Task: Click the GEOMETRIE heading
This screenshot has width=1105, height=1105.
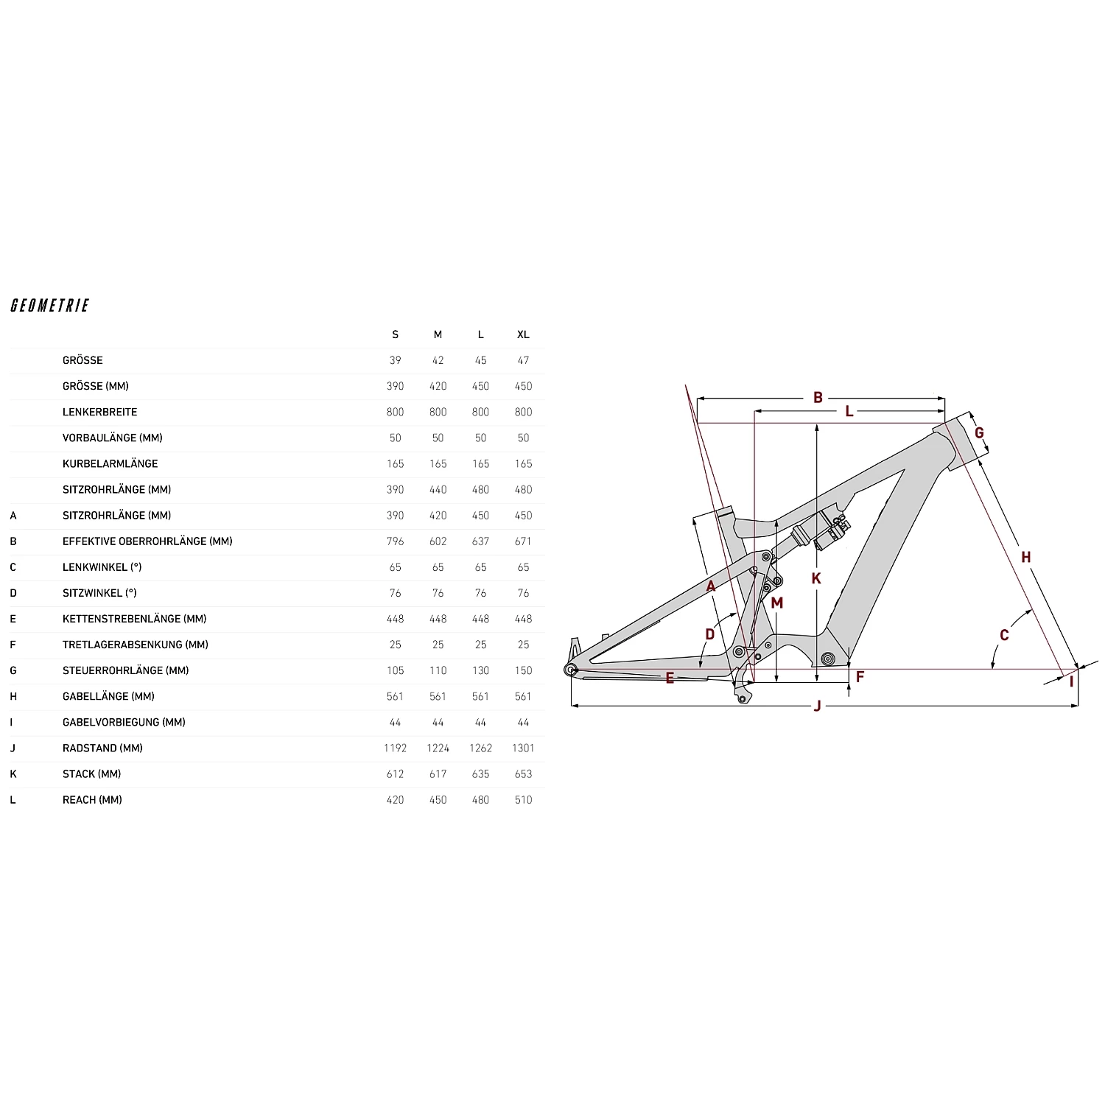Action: (50, 306)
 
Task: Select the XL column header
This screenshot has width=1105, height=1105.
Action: (523, 334)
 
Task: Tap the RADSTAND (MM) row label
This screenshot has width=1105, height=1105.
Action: (102, 748)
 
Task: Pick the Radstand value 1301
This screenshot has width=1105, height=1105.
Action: (523, 748)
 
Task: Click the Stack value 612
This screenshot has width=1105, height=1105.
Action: (395, 773)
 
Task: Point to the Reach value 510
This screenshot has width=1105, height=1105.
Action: (523, 799)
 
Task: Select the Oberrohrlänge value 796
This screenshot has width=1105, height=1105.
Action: (395, 541)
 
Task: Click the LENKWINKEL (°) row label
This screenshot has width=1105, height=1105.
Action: (102, 567)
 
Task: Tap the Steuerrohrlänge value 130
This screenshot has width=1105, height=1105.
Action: (480, 670)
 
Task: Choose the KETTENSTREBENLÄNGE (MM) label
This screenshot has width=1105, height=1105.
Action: (134, 619)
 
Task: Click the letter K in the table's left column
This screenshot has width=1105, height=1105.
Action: (13, 773)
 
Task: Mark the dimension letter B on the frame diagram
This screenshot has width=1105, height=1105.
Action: (818, 398)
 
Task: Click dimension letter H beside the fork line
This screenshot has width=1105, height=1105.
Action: (1025, 558)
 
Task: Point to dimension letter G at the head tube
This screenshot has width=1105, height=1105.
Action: (979, 433)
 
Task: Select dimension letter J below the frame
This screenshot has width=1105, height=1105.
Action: (817, 706)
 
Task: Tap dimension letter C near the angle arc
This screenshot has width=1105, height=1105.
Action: (1004, 635)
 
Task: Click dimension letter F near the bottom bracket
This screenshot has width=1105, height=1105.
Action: (860, 676)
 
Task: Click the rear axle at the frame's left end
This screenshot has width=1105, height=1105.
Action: (569, 669)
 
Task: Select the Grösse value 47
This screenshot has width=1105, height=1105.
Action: (523, 360)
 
